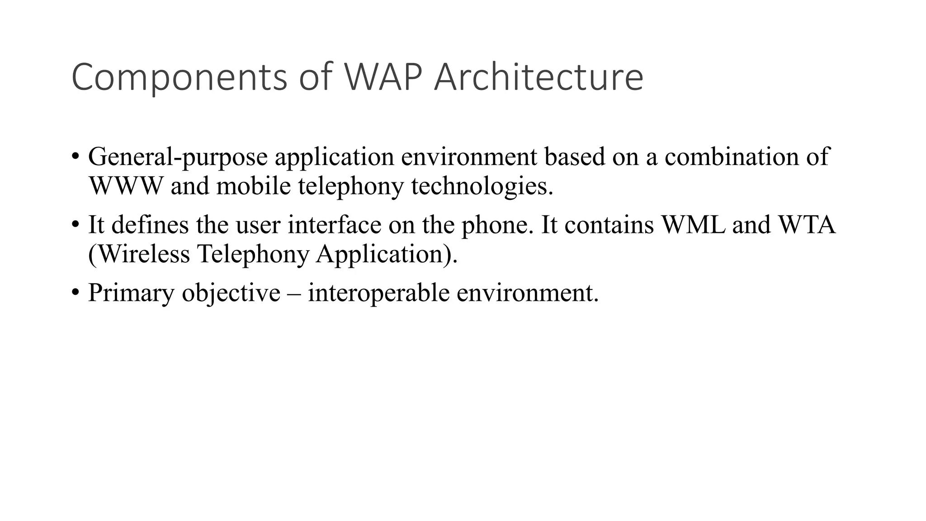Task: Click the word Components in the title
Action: [x=179, y=78]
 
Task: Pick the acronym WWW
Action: [x=125, y=186]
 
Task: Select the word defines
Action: [x=150, y=225]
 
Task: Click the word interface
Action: [x=334, y=225]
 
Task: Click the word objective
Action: [x=231, y=294]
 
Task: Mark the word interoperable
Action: [x=378, y=294]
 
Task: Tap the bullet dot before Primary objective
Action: [x=75, y=293]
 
